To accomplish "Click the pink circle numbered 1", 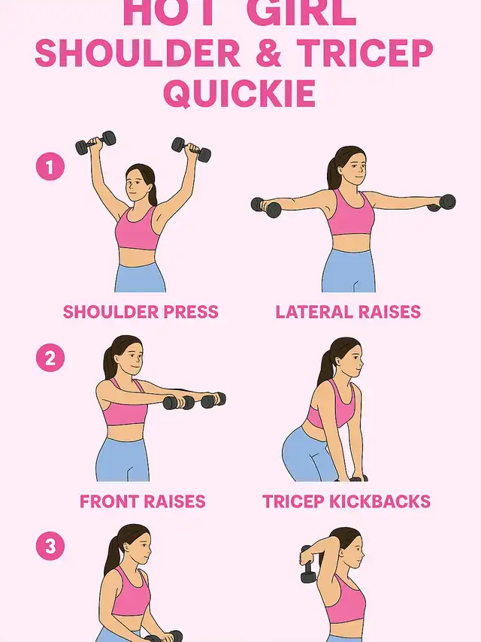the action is coord(50,167).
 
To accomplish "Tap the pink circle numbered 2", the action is coord(50,358).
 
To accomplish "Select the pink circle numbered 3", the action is coord(50,546).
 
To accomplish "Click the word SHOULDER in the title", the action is coord(138,53).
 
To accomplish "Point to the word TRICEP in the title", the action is coord(365,53).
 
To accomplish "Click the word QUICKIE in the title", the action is coord(240,93).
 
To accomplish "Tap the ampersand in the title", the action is coord(268,53).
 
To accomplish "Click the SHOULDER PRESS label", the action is coord(141,312).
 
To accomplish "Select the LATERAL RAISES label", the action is coord(348,312).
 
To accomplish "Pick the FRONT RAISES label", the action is coord(143,501).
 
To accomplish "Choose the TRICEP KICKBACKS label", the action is coord(346,501).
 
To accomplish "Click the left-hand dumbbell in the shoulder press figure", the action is coord(95,143).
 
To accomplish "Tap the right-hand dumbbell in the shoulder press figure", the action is coord(192,150).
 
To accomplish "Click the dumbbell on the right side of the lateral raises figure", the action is coord(442,203).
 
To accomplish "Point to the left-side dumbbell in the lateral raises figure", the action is coord(266,207).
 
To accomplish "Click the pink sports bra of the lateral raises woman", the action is coord(351,213).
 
